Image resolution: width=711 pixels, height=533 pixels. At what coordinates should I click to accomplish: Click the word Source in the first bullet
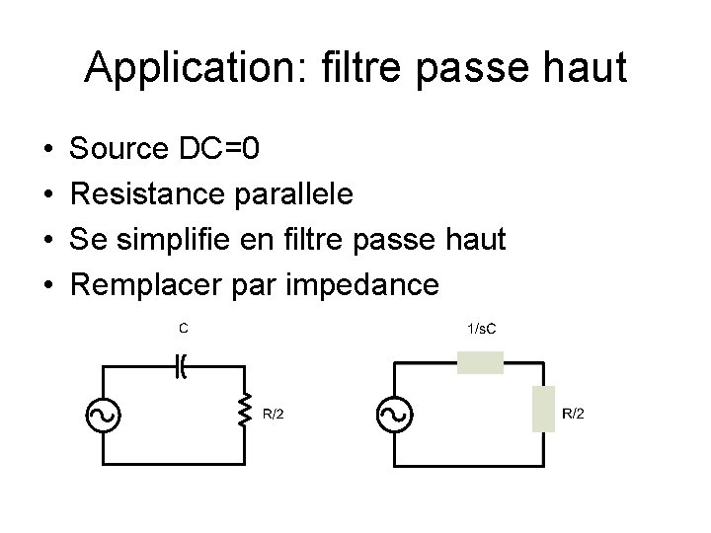[120, 149]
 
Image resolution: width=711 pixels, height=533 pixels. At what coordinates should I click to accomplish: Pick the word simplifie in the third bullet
[184, 240]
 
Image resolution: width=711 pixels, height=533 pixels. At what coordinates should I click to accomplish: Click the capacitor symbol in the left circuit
[182, 366]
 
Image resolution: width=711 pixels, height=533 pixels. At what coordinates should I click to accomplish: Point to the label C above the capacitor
[183, 327]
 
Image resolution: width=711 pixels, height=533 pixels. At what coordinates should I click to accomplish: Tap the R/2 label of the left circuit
[274, 414]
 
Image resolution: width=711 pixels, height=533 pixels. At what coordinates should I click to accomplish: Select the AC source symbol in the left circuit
[104, 416]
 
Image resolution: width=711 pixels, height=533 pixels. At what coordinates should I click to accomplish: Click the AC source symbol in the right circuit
[393, 416]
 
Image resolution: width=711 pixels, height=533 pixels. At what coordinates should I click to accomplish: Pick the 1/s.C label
[481, 328]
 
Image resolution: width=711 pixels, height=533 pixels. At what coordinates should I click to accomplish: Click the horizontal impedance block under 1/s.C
[480, 363]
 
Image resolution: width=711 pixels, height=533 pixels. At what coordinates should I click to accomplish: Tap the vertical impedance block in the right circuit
[543, 410]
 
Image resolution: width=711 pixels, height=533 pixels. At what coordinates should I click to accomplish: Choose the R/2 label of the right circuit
[573, 414]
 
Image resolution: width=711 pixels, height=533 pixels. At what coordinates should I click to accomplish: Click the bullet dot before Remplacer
[49, 286]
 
